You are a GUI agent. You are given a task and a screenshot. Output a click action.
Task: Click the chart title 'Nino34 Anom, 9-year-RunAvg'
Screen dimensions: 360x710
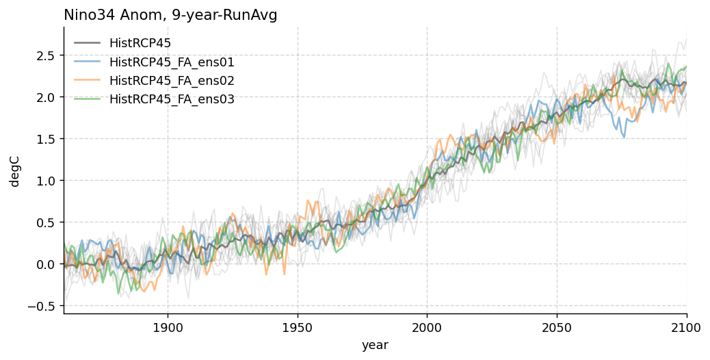coord(170,15)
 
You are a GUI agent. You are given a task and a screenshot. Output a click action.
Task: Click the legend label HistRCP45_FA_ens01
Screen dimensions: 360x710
coord(172,62)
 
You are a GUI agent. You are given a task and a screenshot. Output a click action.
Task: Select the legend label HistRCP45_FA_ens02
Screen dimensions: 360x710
coord(172,81)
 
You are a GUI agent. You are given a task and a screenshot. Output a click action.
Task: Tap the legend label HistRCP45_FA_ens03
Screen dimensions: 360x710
coord(172,99)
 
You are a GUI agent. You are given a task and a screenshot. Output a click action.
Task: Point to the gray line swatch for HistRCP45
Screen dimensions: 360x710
coord(87,44)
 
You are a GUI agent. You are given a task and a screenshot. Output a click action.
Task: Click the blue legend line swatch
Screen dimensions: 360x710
coord(87,62)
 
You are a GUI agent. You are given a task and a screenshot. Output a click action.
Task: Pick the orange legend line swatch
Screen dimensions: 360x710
coord(87,81)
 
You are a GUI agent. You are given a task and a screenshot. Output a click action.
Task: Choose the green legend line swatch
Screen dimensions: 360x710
coord(87,99)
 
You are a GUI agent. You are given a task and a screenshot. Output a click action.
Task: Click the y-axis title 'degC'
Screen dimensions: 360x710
coord(14,170)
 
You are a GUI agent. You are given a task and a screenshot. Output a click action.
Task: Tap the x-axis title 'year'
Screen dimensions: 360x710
coord(375,346)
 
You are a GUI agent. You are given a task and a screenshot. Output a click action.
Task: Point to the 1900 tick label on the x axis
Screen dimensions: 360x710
coord(168,328)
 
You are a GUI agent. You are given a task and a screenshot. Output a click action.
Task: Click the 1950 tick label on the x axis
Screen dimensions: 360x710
coord(298,328)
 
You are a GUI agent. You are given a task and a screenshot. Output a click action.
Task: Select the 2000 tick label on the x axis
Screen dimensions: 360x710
coord(427,328)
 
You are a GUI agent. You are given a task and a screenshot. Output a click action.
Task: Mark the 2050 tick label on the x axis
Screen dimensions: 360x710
coord(557,328)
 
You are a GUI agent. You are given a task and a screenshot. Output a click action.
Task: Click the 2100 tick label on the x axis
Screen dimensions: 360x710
coord(686,328)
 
